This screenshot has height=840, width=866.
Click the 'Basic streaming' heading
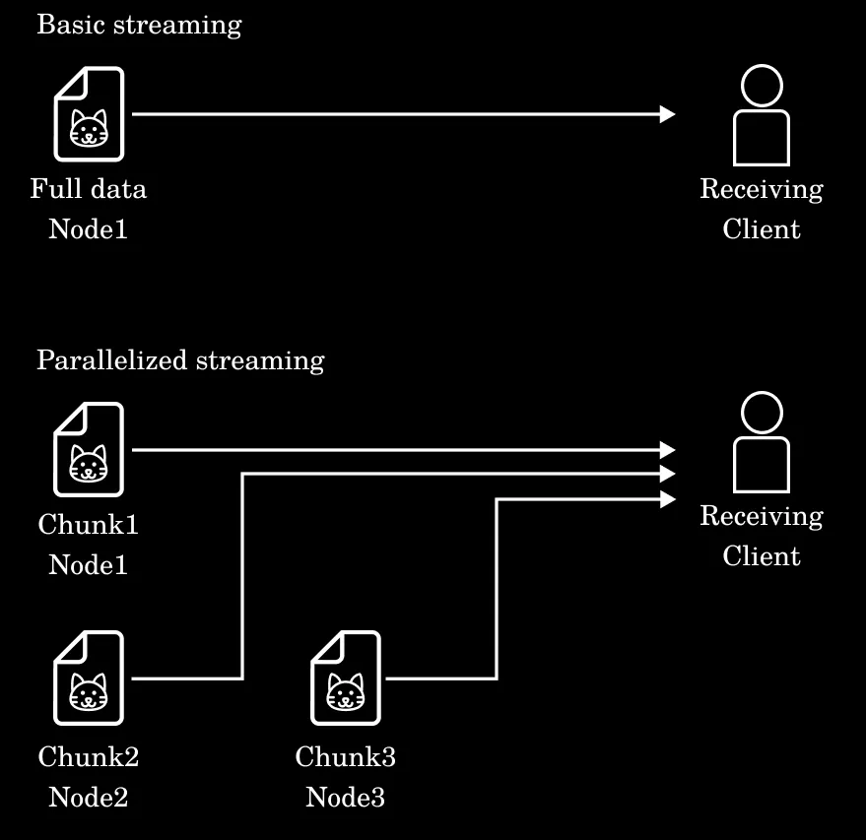tap(139, 25)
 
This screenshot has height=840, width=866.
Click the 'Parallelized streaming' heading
tap(180, 360)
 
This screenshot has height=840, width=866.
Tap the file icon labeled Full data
tap(89, 113)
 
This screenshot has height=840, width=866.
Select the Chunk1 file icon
tap(89, 449)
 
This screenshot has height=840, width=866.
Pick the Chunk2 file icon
tap(89, 678)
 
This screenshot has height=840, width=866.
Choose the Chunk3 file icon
tap(346, 678)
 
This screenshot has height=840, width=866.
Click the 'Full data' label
tap(89, 188)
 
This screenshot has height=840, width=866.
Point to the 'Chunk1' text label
tap(89, 524)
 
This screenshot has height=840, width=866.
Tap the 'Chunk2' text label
tap(89, 757)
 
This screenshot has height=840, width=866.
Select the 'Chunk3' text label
tap(346, 757)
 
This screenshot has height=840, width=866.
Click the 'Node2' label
tap(89, 797)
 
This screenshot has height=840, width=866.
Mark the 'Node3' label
tap(346, 797)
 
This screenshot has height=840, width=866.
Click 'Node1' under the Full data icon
tap(89, 229)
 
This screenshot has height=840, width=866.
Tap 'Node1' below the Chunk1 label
tap(89, 565)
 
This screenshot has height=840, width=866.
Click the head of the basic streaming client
tap(762, 86)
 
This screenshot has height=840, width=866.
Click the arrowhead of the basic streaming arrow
tap(668, 114)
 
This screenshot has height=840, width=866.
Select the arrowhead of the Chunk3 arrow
tap(668, 499)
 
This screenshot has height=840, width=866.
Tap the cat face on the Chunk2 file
tap(89, 692)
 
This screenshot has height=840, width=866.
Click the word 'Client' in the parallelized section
tap(762, 556)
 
